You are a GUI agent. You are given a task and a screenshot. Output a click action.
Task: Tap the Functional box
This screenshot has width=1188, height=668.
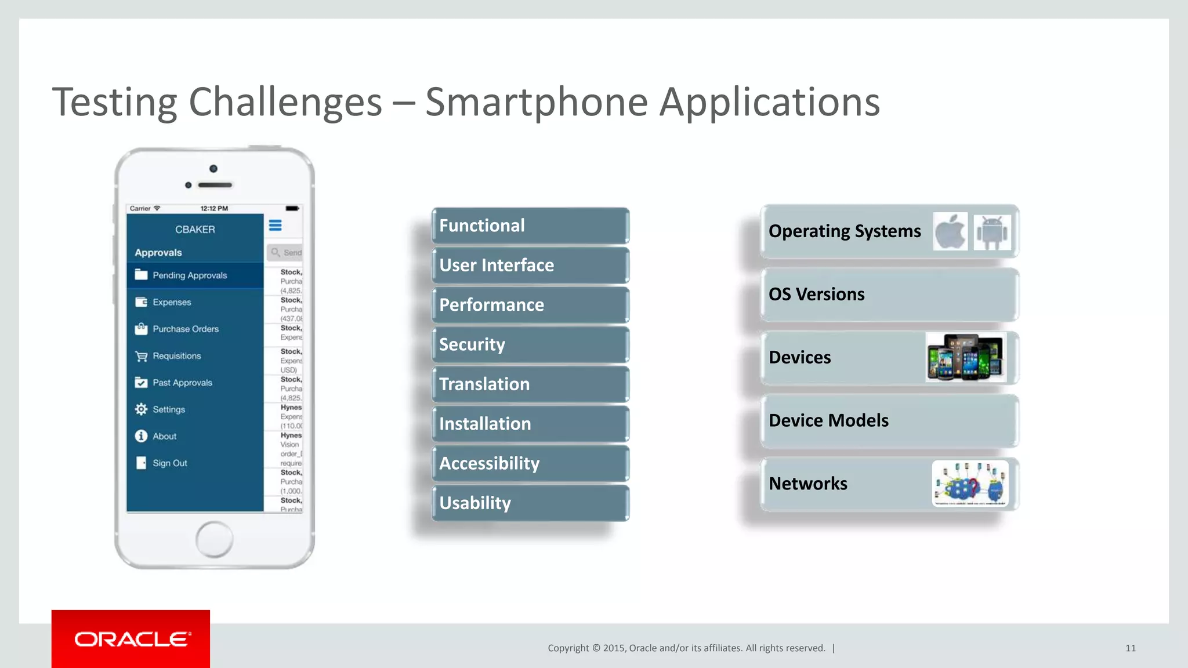530,226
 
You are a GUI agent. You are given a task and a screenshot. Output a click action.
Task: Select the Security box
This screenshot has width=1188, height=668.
530,344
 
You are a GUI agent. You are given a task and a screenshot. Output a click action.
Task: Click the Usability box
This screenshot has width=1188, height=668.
530,503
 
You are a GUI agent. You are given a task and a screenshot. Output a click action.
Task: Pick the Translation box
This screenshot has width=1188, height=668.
530,384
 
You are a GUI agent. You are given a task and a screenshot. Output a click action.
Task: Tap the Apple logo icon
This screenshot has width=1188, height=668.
950,231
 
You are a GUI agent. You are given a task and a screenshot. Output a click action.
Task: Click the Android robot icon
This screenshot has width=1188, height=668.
992,232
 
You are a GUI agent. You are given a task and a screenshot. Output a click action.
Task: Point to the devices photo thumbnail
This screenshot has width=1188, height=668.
966,357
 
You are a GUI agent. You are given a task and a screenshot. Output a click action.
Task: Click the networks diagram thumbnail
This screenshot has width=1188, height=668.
970,484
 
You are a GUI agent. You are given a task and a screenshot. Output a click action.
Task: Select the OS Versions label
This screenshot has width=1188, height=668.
816,295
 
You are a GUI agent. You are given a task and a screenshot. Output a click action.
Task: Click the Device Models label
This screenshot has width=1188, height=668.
828,420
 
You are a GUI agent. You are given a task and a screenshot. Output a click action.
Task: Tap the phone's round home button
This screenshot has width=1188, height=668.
214,539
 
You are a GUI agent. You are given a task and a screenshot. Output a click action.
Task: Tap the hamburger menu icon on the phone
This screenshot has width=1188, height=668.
276,226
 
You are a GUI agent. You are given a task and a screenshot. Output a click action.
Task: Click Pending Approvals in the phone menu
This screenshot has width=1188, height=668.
189,275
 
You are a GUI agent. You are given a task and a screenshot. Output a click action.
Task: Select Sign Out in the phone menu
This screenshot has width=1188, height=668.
169,463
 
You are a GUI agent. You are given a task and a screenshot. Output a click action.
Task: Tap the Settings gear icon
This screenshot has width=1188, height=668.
141,409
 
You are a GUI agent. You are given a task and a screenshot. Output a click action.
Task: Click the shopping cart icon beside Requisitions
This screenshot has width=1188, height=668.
141,356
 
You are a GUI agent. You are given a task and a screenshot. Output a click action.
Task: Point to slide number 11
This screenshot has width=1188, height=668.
1130,648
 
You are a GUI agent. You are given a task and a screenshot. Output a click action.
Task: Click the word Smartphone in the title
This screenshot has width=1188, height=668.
537,102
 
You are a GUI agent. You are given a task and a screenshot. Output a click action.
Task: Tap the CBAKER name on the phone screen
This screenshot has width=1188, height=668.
195,230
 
